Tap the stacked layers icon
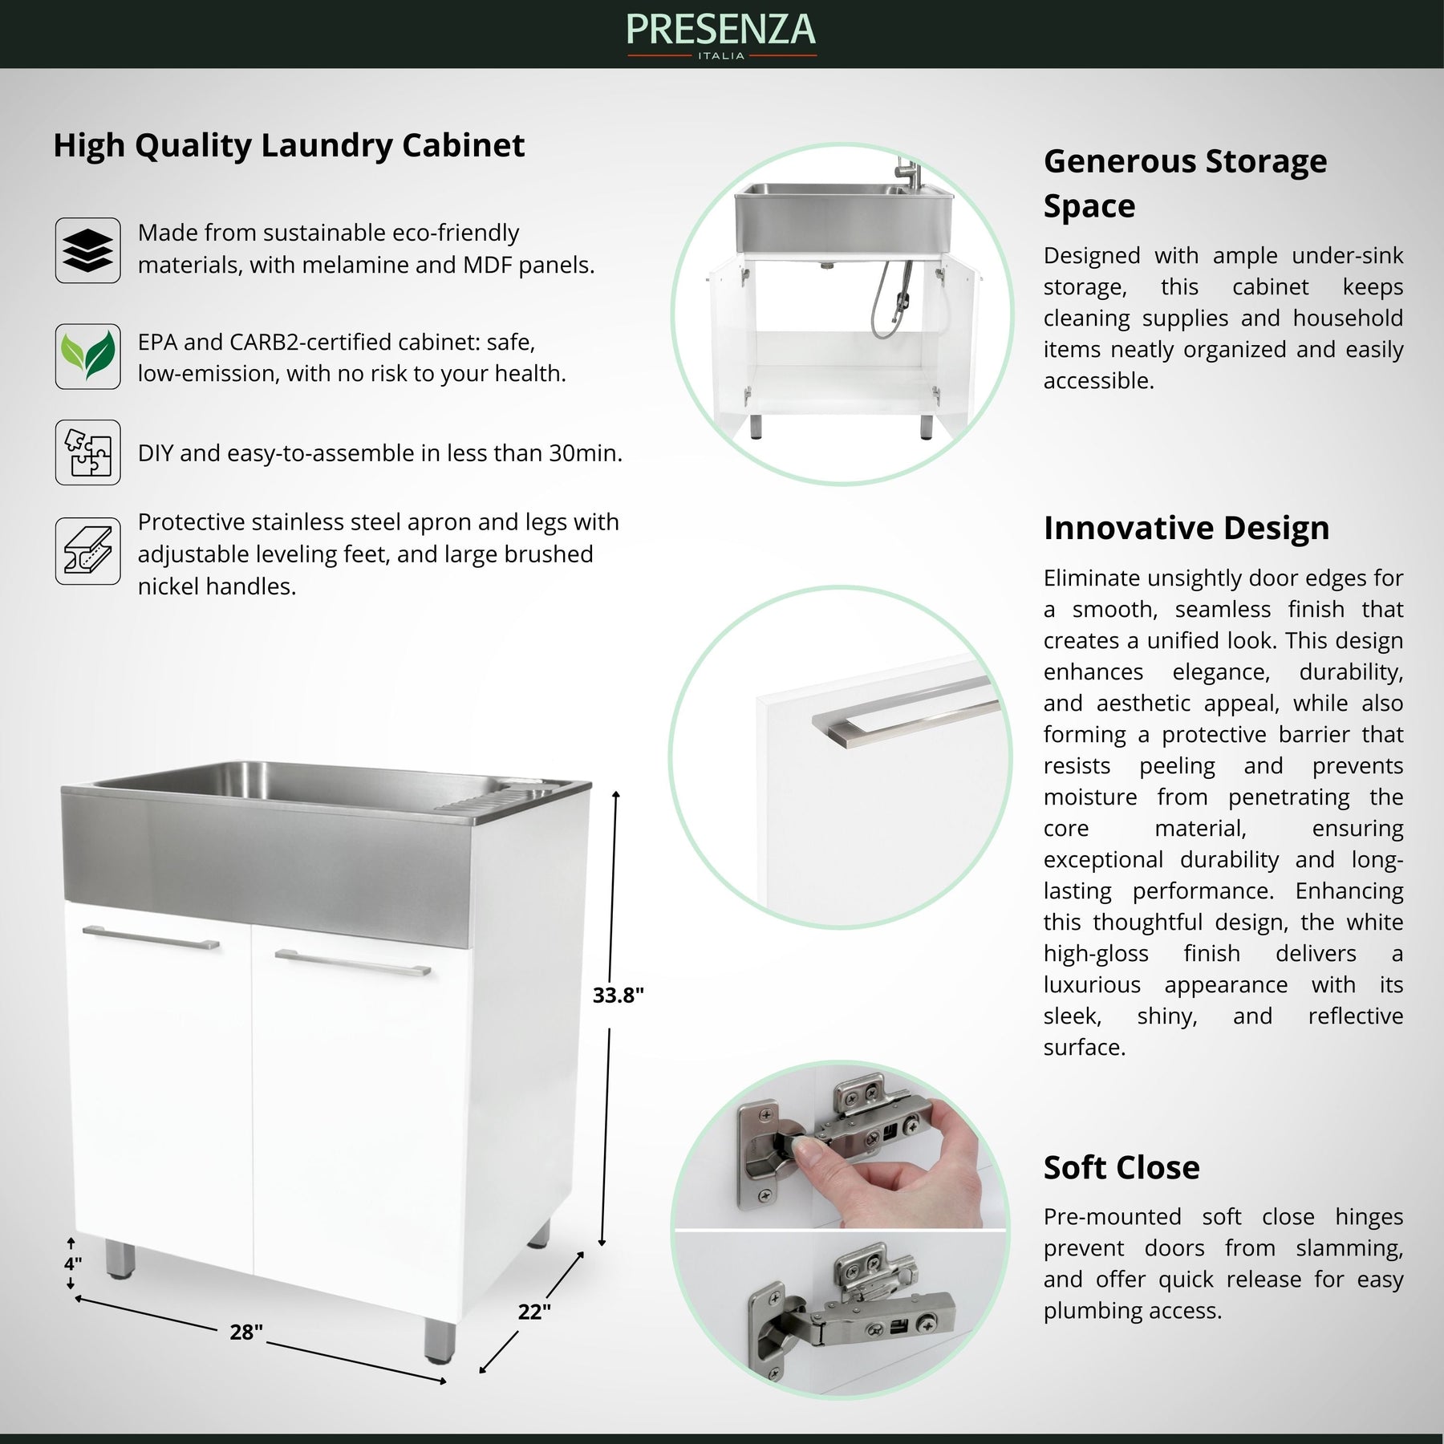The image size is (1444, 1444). click(x=87, y=250)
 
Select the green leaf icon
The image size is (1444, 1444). click(x=87, y=356)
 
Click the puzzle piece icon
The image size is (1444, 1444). click(x=87, y=452)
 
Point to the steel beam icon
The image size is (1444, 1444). click(x=87, y=551)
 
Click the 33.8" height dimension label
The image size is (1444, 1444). click(x=618, y=996)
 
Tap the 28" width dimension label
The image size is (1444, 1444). click(x=246, y=1332)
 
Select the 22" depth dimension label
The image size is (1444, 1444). click(x=533, y=1312)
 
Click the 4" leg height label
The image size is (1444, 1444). click(x=72, y=1264)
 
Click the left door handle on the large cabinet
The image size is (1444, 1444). click(x=150, y=938)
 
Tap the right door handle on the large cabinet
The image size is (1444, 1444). click(x=352, y=963)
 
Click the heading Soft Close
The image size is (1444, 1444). click(x=1121, y=1168)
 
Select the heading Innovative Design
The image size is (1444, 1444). click(x=1186, y=529)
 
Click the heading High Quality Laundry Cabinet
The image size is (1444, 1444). click(x=289, y=145)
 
